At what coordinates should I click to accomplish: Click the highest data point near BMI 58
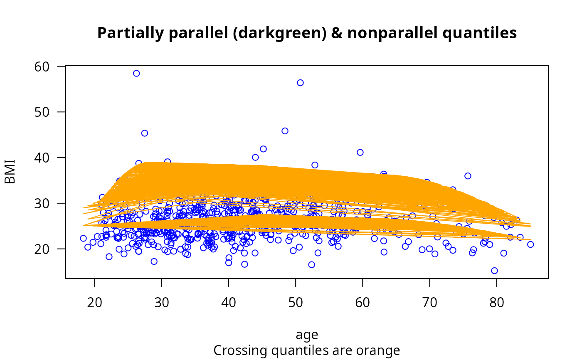tap(136, 73)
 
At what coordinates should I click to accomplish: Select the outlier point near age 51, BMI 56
tap(300, 83)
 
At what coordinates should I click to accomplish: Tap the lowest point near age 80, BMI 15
tap(494, 271)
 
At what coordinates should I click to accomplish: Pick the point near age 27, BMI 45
tap(145, 133)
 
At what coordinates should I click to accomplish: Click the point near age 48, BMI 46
tap(285, 131)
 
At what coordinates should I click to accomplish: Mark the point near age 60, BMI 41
tap(360, 153)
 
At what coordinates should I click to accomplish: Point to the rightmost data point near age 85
tap(530, 244)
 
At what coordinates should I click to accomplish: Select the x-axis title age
tap(307, 335)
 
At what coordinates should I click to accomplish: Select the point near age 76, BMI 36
tap(468, 176)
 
